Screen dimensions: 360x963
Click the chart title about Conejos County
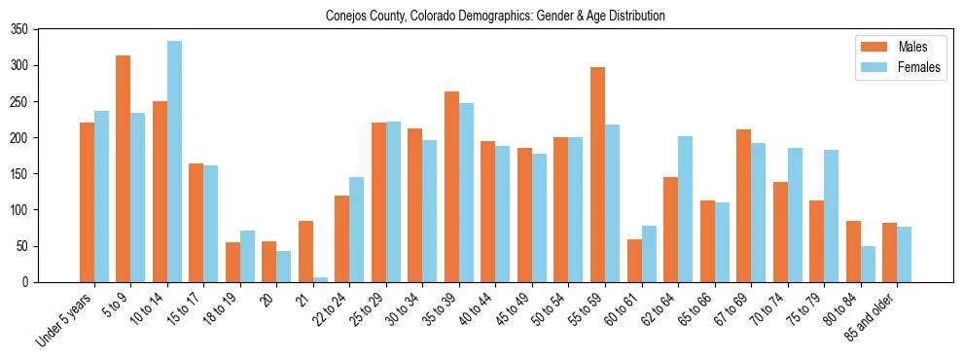pos(481,16)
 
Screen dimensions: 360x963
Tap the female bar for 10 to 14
pos(174,162)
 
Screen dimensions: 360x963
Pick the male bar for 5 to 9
pos(124,169)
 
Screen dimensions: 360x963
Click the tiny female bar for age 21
pos(320,279)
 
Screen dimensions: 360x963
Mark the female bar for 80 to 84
pos(868,264)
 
